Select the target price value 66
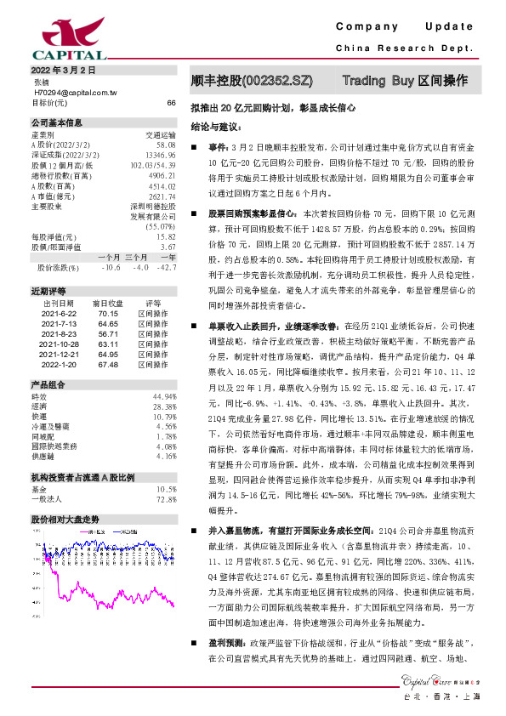coord(171,102)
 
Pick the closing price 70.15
coord(107,336)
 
